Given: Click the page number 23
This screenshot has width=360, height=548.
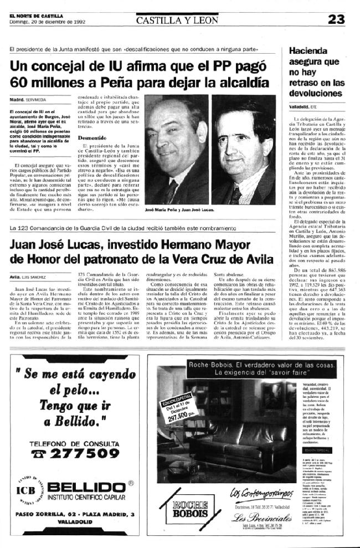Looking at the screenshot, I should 335,21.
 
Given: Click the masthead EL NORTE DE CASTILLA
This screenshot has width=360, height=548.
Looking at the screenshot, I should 35,16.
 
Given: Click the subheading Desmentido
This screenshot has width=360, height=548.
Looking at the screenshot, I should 92,137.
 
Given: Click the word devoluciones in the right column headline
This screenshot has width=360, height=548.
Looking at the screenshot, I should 316,93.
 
